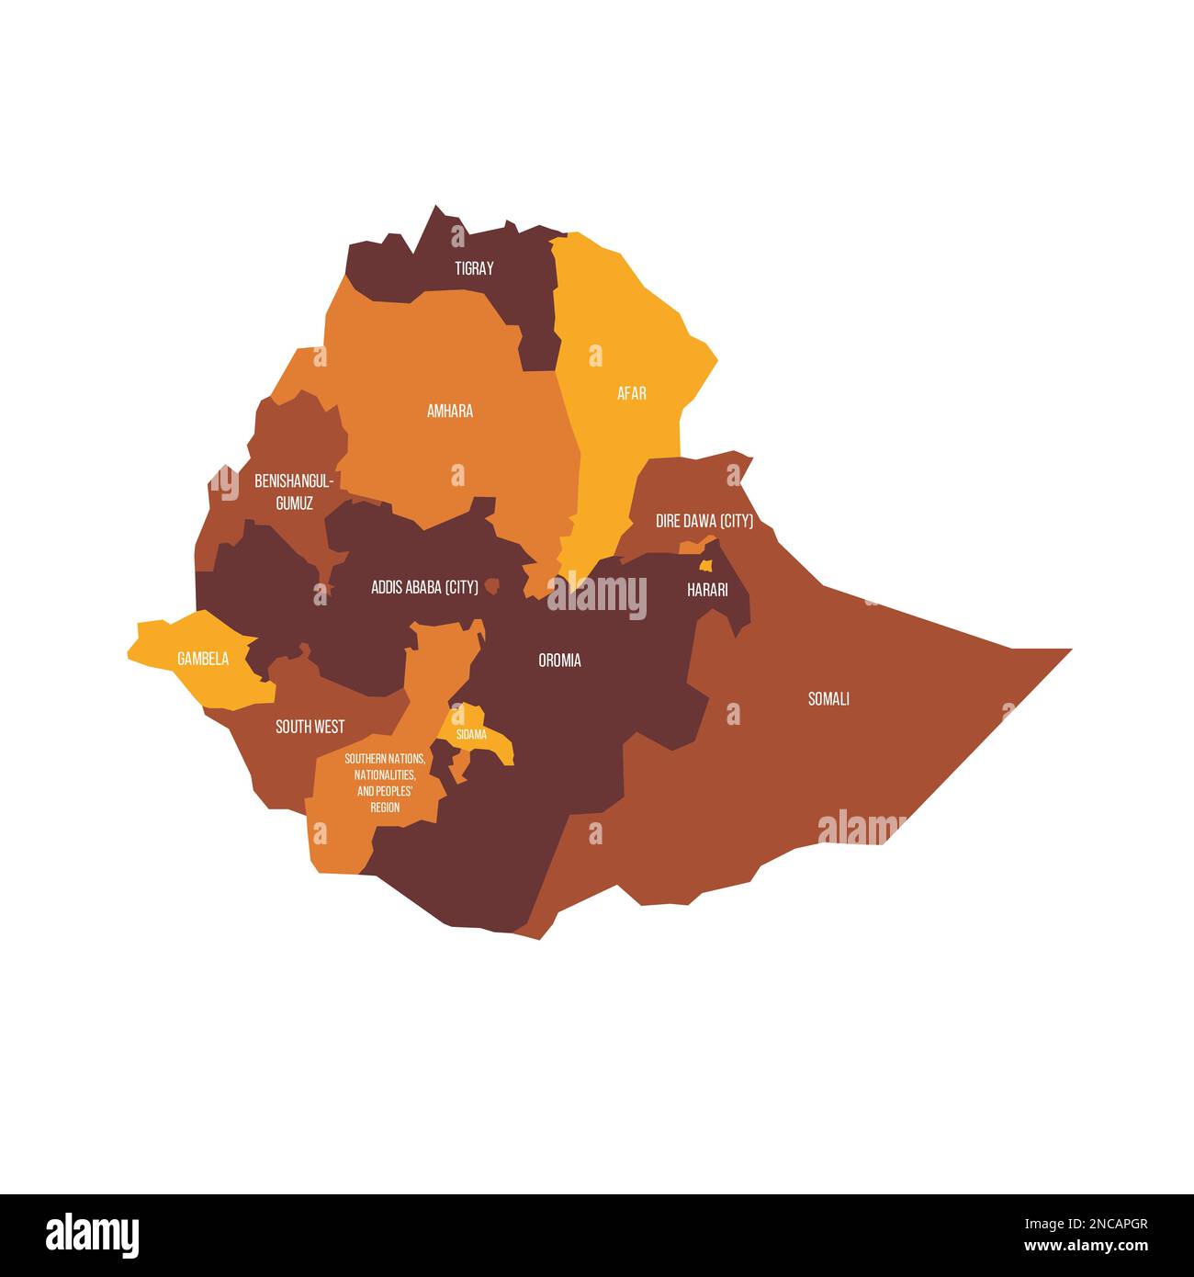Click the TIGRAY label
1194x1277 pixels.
(x=474, y=268)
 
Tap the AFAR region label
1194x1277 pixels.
(x=632, y=393)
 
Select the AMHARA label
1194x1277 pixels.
(x=450, y=411)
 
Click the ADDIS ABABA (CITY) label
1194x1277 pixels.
(x=424, y=587)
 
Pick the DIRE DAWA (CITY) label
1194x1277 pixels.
(x=704, y=521)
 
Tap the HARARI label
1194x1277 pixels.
(x=707, y=590)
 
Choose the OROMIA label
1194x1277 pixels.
(x=559, y=660)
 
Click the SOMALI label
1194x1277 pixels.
(x=828, y=698)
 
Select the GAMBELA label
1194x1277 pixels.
(x=203, y=659)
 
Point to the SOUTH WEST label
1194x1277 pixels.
(x=310, y=727)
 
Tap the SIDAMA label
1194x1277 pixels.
(x=471, y=734)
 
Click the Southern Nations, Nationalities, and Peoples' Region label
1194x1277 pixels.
(x=385, y=783)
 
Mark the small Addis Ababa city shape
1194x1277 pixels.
(x=493, y=585)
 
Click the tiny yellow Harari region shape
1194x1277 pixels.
(x=705, y=566)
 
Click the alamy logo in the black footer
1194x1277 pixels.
(x=92, y=1235)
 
